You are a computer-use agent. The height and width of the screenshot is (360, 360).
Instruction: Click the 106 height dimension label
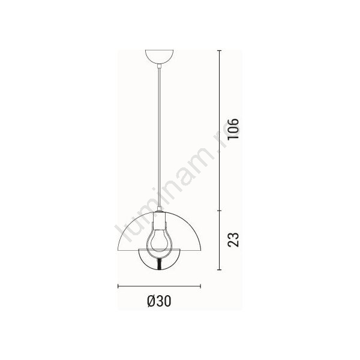pyautogui.click(x=233, y=129)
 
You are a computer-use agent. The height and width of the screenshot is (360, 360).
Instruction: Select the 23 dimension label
pyautogui.click(x=233, y=239)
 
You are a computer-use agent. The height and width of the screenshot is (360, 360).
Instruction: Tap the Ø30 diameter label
pyautogui.click(x=159, y=301)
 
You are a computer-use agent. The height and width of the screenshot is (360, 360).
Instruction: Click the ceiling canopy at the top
pyautogui.click(x=160, y=56)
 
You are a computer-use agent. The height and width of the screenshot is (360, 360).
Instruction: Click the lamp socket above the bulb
pyautogui.click(x=159, y=221)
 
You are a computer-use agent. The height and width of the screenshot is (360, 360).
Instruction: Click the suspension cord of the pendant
pyautogui.click(x=159, y=138)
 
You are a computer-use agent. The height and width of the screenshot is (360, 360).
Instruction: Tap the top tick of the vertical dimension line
pyautogui.click(x=220, y=50)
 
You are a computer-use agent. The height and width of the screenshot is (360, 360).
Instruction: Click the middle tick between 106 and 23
pyautogui.click(x=220, y=210)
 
